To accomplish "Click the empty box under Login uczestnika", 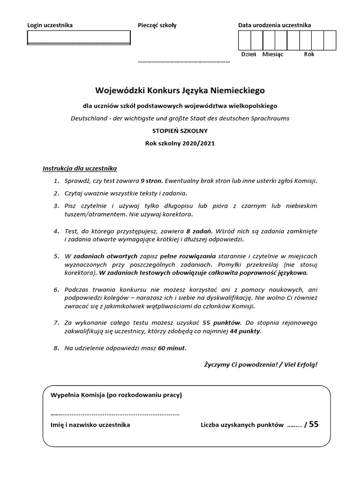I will tap(79, 37).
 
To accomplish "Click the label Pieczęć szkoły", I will tap(157, 25).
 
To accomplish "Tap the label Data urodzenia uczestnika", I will tap(274, 25).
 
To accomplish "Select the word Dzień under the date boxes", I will tap(248, 54).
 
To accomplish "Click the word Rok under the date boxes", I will tap(309, 54).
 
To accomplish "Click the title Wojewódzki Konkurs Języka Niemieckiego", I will tap(180, 90).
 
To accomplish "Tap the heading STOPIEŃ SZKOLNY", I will tap(180, 131).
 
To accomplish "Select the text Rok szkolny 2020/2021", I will tap(180, 143).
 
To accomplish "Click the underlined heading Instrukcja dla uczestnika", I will tap(80, 168).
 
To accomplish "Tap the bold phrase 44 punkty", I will tap(246, 331).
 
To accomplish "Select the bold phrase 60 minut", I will tap(172, 348).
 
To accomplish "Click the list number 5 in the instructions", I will tap(55, 256).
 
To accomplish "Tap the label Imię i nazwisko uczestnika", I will tap(90, 425).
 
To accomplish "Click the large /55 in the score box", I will tap(311, 424).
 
